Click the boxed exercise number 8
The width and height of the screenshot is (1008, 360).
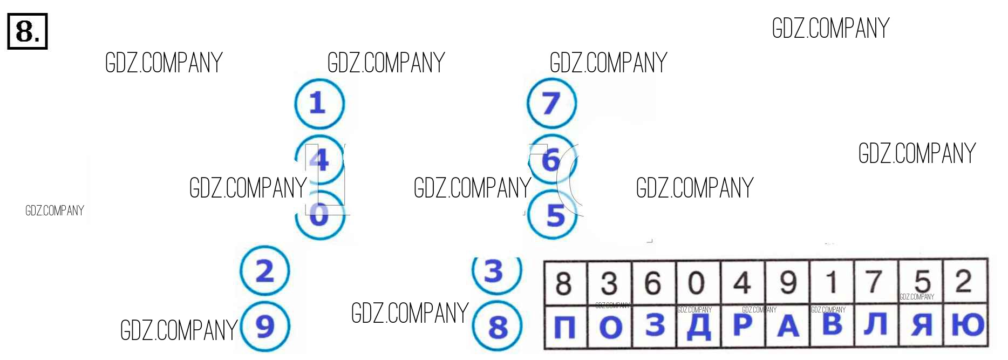click(28, 31)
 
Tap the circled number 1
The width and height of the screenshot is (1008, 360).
click(319, 103)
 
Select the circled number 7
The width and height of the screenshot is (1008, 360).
click(551, 103)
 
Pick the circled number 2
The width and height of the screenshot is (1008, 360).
click(265, 270)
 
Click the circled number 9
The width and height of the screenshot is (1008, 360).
click(265, 327)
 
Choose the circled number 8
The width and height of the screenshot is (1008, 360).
click(497, 327)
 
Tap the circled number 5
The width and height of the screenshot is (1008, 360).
click(553, 215)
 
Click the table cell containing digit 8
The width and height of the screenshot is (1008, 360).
click(565, 283)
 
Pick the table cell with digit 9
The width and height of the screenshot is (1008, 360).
click(787, 283)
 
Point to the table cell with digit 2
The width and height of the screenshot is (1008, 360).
click(965, 282)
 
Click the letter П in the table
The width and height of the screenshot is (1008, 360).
click(565, 327)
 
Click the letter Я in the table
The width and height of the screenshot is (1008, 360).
click(922, 325)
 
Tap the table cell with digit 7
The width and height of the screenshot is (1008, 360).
click(876, 282)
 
